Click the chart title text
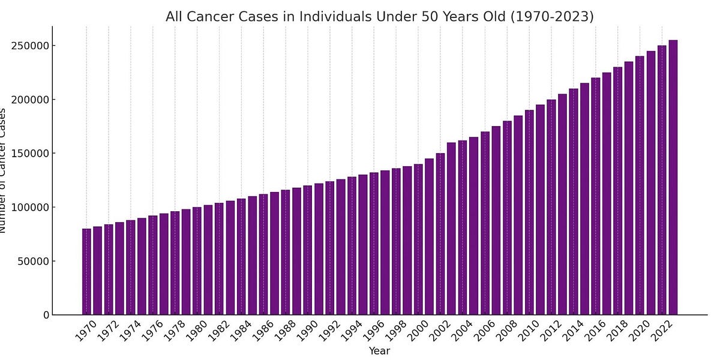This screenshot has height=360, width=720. tap(379, 17)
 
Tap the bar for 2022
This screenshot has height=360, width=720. tap(662, 180)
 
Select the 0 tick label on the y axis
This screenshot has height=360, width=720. tap(46, 315)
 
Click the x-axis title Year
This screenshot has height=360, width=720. tap(379, 351)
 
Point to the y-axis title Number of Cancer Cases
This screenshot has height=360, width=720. tap(3, 170)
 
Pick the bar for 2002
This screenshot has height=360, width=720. tap(440, 234)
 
